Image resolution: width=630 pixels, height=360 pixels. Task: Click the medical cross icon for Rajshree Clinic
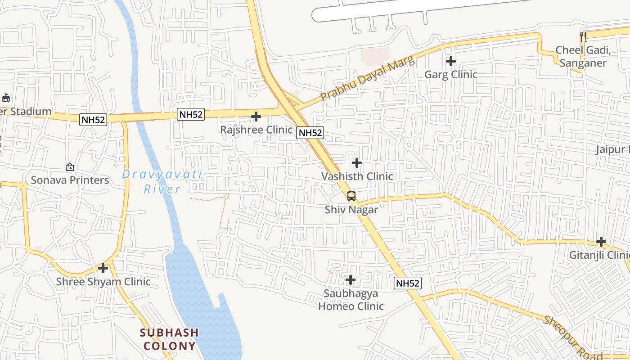[x=256, y=117]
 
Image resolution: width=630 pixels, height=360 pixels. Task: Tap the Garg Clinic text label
[x=451, y=74]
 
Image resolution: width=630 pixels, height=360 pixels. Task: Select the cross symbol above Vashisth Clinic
[x=357, y=162]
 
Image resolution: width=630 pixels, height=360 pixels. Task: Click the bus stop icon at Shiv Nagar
[x=351, y=196]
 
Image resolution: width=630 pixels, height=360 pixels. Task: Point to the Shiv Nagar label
[x=351, y=210]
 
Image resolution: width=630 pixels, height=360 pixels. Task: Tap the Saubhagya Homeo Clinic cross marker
[x=351, y=280]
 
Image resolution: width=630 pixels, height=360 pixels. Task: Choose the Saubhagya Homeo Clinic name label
[x=351, y=300]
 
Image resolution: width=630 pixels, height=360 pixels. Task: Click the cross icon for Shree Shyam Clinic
[x=103, y=268]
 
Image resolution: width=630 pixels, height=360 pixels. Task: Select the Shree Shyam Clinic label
[x=103, y=282]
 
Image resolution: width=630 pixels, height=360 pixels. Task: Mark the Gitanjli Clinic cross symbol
[x=601, y=242]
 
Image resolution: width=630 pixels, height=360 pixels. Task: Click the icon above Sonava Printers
[x=70, y=167]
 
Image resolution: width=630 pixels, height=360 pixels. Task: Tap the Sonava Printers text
[x=70, y=180]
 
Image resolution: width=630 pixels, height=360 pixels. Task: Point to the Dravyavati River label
[x=162, y=181]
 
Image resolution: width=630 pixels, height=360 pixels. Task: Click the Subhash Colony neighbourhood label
[x=169, y=339]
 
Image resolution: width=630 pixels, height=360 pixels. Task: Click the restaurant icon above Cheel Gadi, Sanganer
[x=583, y=36]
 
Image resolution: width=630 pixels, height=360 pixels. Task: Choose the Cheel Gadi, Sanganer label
[x=583, y=56]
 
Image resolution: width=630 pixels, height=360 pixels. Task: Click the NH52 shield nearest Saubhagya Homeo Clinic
[x=408, y=283]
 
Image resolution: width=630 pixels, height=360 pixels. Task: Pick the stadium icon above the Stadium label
[x=5, y=98]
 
